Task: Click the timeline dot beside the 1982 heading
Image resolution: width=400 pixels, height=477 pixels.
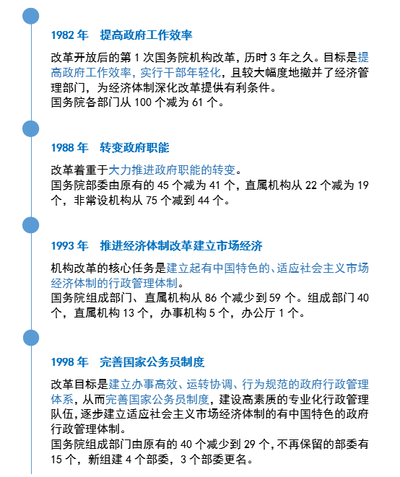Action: click(x=31, y=16)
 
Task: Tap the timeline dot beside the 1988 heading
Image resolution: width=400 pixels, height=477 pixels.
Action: click(x=31, y=128)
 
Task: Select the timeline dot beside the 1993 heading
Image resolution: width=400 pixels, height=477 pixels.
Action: click(x=31, y=225)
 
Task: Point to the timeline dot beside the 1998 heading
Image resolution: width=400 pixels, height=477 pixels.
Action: click(x=31, y=338)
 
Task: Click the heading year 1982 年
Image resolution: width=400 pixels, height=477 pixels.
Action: click(x=70, y=35)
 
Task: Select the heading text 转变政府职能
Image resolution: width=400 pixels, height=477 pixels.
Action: click(x=134, y=148)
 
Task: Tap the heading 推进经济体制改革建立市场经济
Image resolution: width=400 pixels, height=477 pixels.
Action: click(x=181, y=246)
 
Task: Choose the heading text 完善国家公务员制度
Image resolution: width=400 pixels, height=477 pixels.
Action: click(x=152, y=362)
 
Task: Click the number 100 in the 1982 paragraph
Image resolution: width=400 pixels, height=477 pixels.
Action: click(x=143, y=102)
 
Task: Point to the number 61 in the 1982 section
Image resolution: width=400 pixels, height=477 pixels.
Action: click(x=197, y=102)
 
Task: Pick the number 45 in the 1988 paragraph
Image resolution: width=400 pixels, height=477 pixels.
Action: click(x=163, y=185)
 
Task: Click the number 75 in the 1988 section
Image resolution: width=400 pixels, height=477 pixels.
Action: click(x=152, y=201)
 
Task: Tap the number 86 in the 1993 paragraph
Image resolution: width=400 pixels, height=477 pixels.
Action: click(x=211, y=298)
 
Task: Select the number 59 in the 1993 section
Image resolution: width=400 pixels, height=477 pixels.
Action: click(x=274, y=298)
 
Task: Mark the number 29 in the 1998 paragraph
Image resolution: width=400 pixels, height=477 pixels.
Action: click(x=249, y=445)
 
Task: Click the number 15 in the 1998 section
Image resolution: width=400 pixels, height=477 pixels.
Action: click(x=56, y=460)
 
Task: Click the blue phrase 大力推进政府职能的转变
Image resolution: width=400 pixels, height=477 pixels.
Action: click(x=172, y=170)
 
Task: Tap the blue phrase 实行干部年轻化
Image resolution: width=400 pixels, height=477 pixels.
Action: click(x=181, y=73)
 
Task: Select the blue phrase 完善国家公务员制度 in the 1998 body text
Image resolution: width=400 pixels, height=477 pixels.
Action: click(x=157, y=400)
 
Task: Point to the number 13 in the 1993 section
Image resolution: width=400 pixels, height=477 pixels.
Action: click(x=128, y=313)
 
